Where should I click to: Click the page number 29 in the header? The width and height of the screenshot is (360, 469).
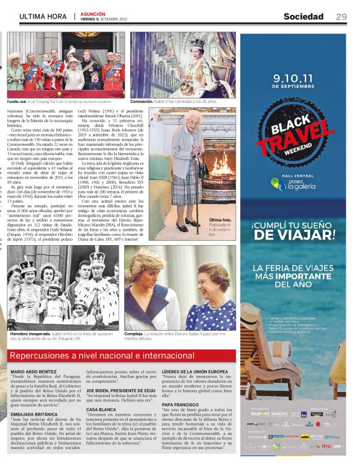341,17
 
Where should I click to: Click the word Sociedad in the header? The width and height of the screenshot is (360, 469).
304,17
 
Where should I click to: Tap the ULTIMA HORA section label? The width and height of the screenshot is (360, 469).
43,17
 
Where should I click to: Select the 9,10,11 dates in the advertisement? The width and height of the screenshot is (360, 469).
294,79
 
